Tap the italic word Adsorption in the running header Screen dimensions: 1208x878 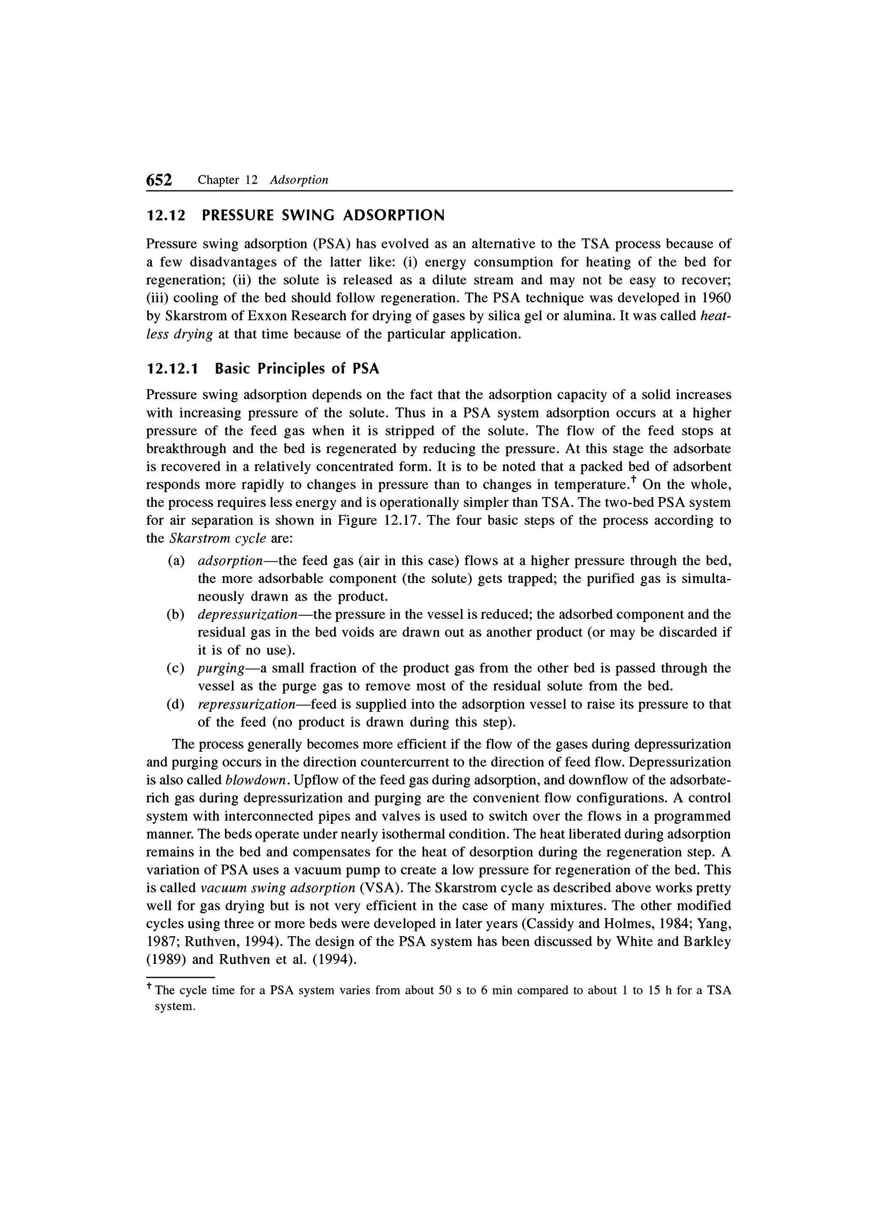point(299,180)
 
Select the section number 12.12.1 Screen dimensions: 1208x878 point(171,369)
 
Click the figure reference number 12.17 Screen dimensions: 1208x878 point(403,520)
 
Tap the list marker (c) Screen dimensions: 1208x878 point(176,669)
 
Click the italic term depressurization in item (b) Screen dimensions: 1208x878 point(248,615)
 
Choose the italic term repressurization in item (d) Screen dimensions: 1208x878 point(247,705)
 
